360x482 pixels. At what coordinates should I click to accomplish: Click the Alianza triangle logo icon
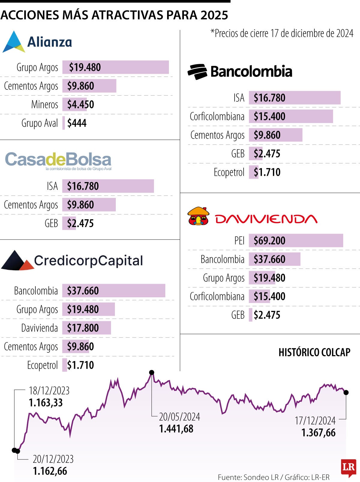coord(13,42)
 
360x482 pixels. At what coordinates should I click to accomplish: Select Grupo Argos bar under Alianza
coord(115,67)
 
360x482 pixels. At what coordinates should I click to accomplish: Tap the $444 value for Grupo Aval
coord(77,123)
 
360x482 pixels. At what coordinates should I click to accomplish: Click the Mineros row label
coord(44,104)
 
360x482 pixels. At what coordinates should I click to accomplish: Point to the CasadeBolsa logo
coord(58,160)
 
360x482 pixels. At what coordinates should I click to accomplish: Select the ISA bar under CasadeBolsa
coord(108,186)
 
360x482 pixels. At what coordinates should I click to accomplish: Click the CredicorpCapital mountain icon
coord(17,260)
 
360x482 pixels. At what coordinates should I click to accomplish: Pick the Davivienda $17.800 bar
coord(86,328)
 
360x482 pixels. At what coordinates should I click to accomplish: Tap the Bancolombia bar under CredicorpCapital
coord(114,291)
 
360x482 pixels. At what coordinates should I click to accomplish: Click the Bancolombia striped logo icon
coord(197,72)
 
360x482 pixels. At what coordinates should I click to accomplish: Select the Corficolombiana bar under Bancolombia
coord(291,116)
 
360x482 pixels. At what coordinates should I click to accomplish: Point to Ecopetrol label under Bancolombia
coord(229,172)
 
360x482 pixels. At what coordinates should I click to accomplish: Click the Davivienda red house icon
coord(198,216)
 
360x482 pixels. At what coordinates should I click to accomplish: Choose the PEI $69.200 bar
coord(296,241)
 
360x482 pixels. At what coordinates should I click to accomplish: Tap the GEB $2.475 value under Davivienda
coord(267,315)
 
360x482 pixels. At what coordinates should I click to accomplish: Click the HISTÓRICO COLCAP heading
coord(314,352)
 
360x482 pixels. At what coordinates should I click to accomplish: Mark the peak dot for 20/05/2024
coord(152,372)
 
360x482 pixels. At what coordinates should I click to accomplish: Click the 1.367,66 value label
coord(318,433)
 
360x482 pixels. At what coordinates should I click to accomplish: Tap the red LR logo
coord(349,467)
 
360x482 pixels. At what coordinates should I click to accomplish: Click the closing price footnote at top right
coord(282,33)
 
